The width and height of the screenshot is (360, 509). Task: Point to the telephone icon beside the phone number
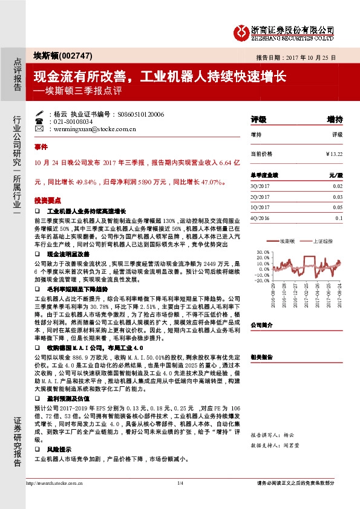(x=39, y=121)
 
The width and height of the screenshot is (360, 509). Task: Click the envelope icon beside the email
(x=39, y=129)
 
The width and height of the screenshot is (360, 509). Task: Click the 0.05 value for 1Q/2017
(x=338, y=207)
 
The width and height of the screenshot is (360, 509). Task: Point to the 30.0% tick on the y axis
(x=263, y=251)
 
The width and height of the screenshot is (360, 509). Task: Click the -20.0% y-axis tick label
(x=262, y=280)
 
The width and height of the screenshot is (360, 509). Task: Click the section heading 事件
(x=41, y=147)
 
